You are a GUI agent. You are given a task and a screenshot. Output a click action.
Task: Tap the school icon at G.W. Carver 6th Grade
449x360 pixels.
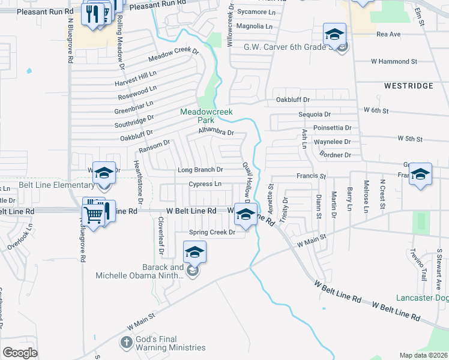point(335,34)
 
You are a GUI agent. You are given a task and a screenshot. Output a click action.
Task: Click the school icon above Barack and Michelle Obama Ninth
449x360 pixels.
point(194,253)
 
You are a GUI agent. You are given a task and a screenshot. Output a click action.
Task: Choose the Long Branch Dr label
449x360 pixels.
point(200,170)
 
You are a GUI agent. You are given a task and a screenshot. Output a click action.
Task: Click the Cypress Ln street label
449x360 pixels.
point(205,184)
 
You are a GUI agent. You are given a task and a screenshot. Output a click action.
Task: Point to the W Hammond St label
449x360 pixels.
point(394,61)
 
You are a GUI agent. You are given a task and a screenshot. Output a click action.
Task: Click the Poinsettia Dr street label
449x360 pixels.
point(333,128)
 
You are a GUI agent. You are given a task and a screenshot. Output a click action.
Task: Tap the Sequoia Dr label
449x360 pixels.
point(315,114)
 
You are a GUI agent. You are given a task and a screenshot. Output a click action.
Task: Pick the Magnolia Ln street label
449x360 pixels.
point(255,26)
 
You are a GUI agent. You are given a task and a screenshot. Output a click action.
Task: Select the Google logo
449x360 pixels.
point(20,353)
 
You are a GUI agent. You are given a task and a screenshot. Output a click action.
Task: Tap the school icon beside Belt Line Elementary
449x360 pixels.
point(104,173)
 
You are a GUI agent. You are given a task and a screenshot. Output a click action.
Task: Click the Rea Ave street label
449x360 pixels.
point(388,34)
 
